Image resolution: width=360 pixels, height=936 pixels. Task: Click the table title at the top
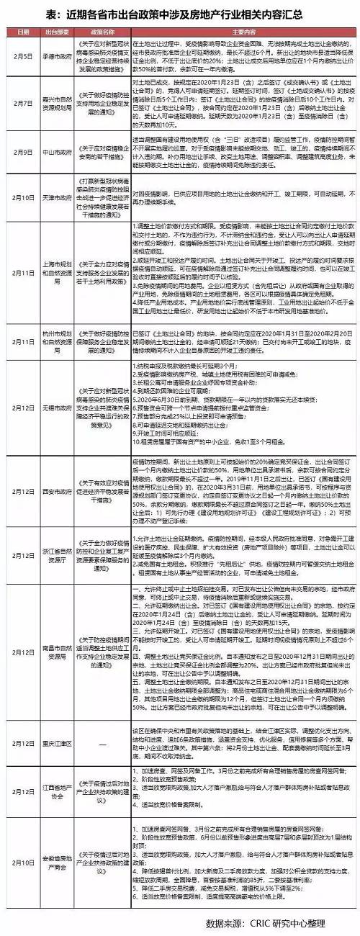pyautogui.click(x=180, y=13)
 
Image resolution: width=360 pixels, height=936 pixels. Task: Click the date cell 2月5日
pyautogui.click(x=22, y=56)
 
